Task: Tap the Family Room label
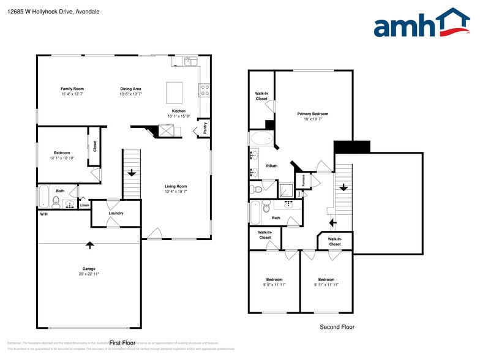coord(72,89)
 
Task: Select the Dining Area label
coord(130,89)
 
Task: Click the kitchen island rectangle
coord(174,92)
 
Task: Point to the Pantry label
coord(205,128)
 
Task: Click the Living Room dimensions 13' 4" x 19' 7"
coord(176,192)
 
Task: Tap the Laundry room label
coord(116,213)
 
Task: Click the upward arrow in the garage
coord(90,245)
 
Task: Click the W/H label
coord(44,214)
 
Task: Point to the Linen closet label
coord(84,205)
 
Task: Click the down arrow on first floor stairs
coord(132,173)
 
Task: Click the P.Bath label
coord(272,166)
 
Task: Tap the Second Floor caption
coord(337,327)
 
